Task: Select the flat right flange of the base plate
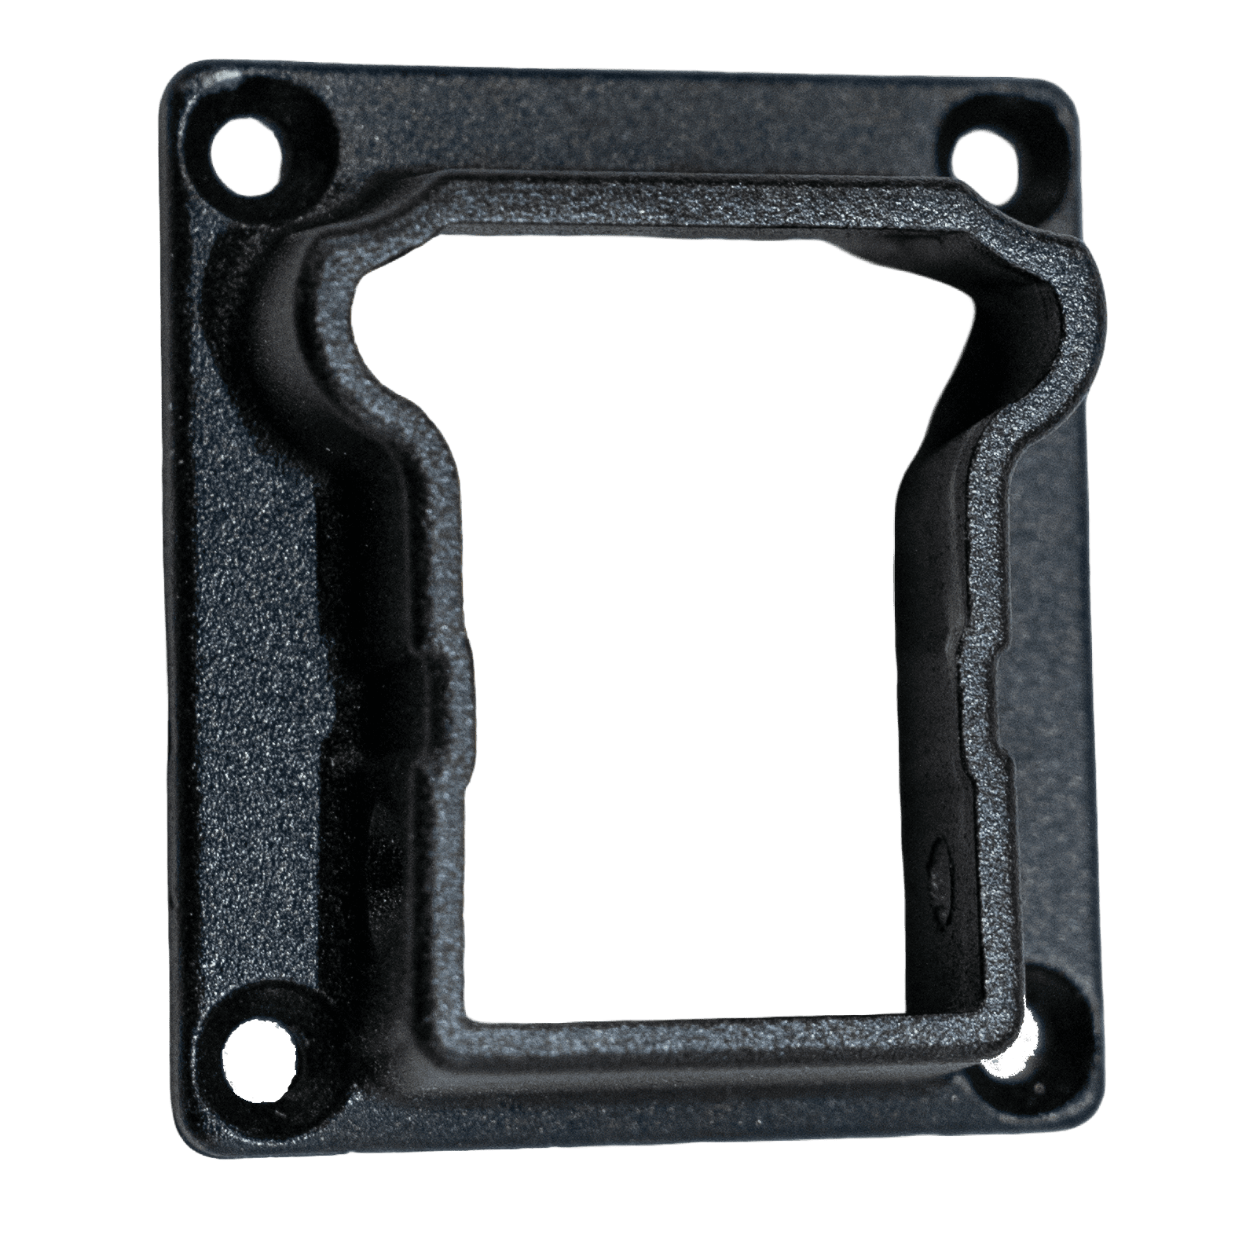pyautogui.click(x=1045, y=628)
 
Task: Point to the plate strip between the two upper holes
pyautogui.click(x=628, y=118)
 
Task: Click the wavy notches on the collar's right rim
pyautogui.click(x=974, y=707)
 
